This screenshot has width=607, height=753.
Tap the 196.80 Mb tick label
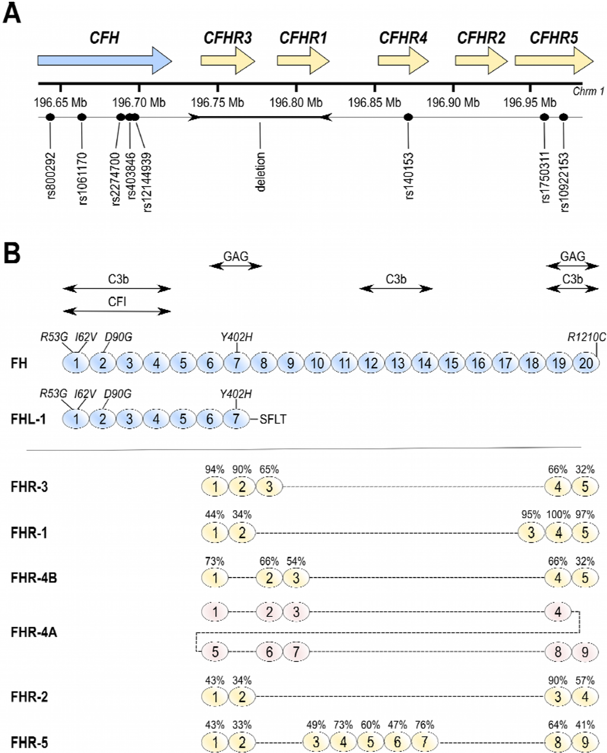(296, 102)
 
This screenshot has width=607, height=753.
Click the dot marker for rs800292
(50, 117)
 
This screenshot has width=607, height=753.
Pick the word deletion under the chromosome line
(260, 172)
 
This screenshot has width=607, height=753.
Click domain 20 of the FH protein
(586, 363)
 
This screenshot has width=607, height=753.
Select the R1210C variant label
(586, 337)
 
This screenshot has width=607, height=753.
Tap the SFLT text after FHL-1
(273, 419)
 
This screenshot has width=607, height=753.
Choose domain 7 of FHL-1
(236, 419)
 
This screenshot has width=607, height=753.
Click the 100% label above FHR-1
(558, 515)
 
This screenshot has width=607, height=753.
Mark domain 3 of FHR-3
(269, 487)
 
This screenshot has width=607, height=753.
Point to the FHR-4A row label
(34, 632)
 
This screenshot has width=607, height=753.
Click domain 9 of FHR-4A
(585, 652)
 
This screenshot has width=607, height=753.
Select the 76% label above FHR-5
(424, 725)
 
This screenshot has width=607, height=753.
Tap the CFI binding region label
(117, 302)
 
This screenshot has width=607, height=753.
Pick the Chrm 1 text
(588, 91)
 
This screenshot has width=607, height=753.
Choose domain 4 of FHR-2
(585, 697)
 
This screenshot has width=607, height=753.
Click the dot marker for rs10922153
(563, 117)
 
